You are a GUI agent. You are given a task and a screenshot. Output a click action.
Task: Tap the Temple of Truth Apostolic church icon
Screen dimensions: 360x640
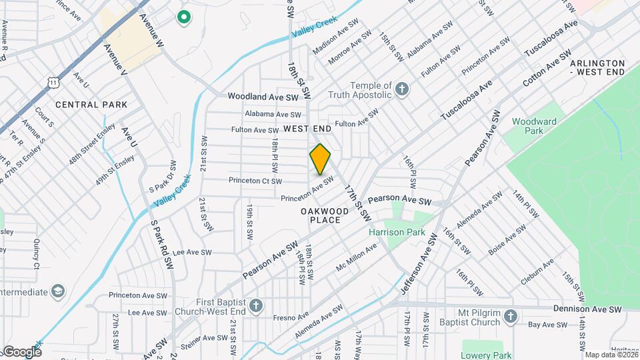click(x=402, y=89)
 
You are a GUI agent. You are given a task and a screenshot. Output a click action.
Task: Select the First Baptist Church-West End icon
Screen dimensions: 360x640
click(x=256, y=305)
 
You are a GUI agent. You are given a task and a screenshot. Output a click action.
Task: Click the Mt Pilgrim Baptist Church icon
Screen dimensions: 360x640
click(x=510, y=316)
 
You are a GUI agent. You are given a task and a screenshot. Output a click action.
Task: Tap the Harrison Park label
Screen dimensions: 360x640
click(x=397, y=233)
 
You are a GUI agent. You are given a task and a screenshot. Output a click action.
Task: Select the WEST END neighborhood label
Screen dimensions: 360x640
click(x=307, y=127)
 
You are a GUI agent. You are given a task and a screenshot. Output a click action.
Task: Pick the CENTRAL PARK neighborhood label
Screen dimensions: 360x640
click(x=91, y=105)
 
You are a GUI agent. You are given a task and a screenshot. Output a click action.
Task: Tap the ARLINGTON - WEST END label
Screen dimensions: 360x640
click(x=597, y=67)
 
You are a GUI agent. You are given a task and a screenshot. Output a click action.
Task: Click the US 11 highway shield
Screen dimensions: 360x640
click(x=52, y=81)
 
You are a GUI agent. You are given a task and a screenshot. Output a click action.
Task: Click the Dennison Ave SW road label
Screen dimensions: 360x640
click(x=587, y=309)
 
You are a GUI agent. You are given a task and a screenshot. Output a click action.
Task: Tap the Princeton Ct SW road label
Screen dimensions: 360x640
click(x=255, y=181)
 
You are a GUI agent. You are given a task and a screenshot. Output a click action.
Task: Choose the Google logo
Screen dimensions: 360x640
click(x=21, y=351)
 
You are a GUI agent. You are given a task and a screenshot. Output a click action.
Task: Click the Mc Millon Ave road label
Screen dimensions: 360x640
click(x=357, y=256)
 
